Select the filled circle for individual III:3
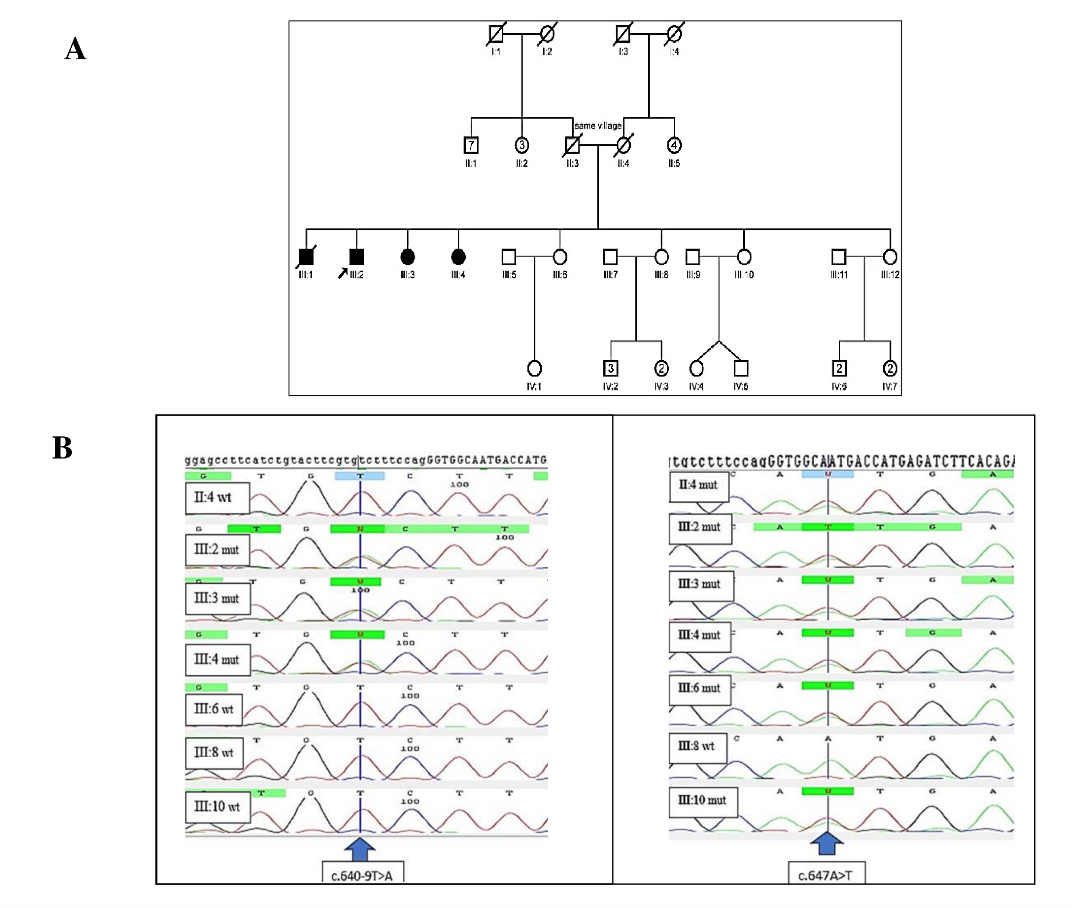tap(407, 256)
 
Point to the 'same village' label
tap(598, 125)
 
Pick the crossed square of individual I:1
tap(496, 34)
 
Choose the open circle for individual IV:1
tap(534, 368)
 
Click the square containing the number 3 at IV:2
tap(611, 368)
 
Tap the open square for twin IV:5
tap(741, 368)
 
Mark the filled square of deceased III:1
tap(306, 256)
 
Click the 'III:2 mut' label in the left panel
tap(217, 550)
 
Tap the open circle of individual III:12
tap(890, 256)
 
